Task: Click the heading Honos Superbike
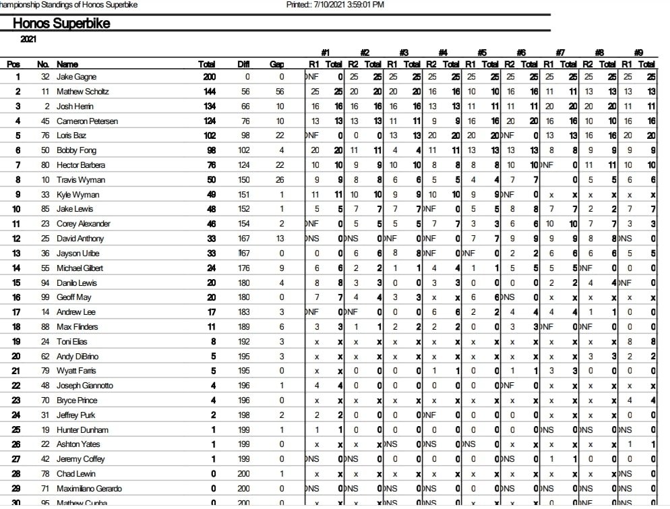tap(61, 24)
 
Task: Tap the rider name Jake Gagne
tap(76, 77)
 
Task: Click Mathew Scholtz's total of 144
tap(208, 92)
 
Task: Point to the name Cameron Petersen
tap(87, 121)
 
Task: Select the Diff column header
tap(243, 64)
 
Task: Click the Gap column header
tap(276, 64)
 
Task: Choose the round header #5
tap(483, 53)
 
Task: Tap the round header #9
tap(639, 53)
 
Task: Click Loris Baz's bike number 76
tap(45, 136)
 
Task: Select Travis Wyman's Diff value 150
tap(243, 180)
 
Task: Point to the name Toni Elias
tap(72, 342)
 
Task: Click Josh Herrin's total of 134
tap(208, 107)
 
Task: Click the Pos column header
tap(13, 64)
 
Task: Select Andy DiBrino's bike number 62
tap(45, 357)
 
